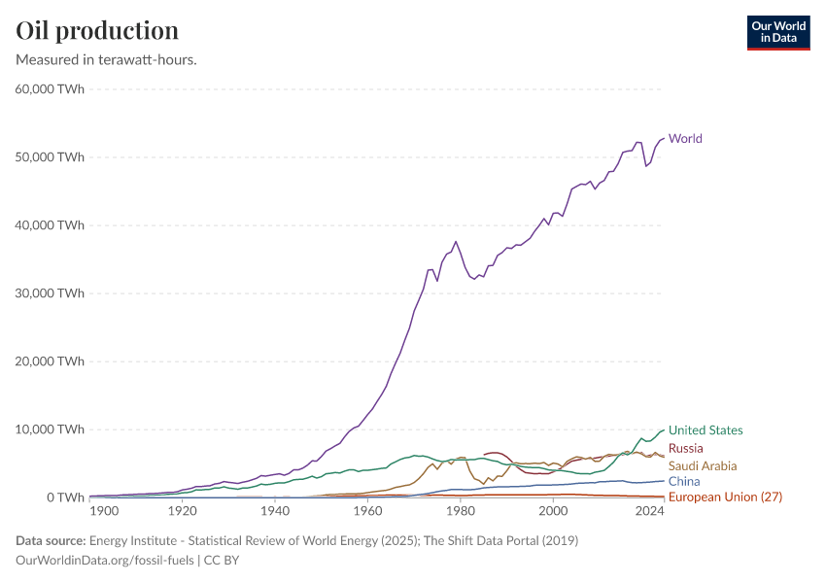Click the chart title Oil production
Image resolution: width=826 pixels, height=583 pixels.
click(x=97, y=30)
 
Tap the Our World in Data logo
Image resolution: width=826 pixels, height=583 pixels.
click(x=778, y=32)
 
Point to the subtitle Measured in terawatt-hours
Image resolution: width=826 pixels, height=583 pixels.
click(x=107, y=60)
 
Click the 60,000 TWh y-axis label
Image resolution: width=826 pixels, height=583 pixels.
click(x=51, y=89)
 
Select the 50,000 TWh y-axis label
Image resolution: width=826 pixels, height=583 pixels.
click(x=51, y=157)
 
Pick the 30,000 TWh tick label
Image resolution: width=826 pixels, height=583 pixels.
click(x=51, y=293)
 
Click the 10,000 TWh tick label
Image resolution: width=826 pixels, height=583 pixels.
click(x=51, y=429)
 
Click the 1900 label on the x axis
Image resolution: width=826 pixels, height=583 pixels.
click(x=104, y=511)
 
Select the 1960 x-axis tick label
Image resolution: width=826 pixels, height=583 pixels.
click(x=367, y=511)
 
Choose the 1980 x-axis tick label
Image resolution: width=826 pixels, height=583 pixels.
click(x=461, y=511)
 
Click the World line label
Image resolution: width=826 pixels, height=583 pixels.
click(x=685, y=139)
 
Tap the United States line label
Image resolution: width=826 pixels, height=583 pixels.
click(x=706, y=430)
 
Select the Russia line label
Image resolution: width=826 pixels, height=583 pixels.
click(x=686, y=449)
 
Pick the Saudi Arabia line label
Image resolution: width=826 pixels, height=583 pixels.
click(x=703, y=466)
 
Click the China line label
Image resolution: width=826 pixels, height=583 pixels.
click(x=684, y=482)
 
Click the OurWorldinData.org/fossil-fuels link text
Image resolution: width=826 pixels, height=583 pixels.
click(x=106, y=561)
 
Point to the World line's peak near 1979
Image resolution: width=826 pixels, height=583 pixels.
click(x=456, y=241)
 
